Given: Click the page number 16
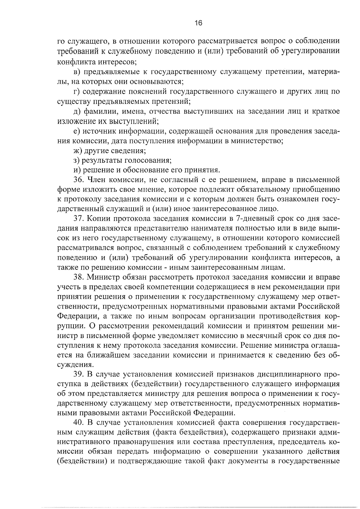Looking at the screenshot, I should (x=198, y=23).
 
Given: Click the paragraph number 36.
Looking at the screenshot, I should (x=79, y=180).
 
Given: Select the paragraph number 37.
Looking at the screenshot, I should (x=79, y=219).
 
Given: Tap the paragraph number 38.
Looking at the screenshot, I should (x=79, y=278).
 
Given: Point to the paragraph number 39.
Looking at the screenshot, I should (x=79, y=375).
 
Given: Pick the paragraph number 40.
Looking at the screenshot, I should (x=79, y=424).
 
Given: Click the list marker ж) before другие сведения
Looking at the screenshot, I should (x=77, y=151).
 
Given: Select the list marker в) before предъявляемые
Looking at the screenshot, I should (x=77, y=72).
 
